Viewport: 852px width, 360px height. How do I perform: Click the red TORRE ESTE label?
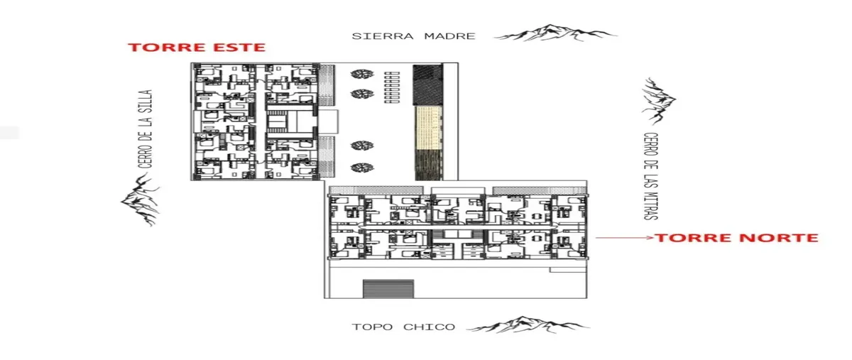click(196, 47)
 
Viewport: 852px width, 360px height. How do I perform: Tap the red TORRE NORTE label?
click(736, 238)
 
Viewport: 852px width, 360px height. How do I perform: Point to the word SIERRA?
click(382, 36)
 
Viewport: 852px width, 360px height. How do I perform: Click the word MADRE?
click(449, 36)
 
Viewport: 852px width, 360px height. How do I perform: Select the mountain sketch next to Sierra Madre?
click(555, 33)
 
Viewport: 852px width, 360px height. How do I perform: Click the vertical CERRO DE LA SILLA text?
click(145, 129)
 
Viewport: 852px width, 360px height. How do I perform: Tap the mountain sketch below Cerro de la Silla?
click(141, 200)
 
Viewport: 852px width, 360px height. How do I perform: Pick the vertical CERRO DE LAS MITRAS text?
click(650, 176)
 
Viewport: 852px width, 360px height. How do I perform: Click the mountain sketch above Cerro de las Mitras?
click(658, 102)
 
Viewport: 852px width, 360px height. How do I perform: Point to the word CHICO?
click(429, 327)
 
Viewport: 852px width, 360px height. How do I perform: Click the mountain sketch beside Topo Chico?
click(528, 324)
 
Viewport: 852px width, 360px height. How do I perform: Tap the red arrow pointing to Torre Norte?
click(624, 238)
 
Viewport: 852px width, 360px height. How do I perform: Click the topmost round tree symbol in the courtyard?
click(361, 74)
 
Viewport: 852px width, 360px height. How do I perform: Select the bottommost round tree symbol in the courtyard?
click(361, 168)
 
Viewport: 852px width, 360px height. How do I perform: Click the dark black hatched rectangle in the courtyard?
click(428, 84)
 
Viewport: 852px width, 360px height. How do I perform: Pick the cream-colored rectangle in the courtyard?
click(428, 127)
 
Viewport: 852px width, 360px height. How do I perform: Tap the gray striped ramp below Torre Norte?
click(388, 289)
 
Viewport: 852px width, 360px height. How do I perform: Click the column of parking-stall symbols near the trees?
click(392, 87)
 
